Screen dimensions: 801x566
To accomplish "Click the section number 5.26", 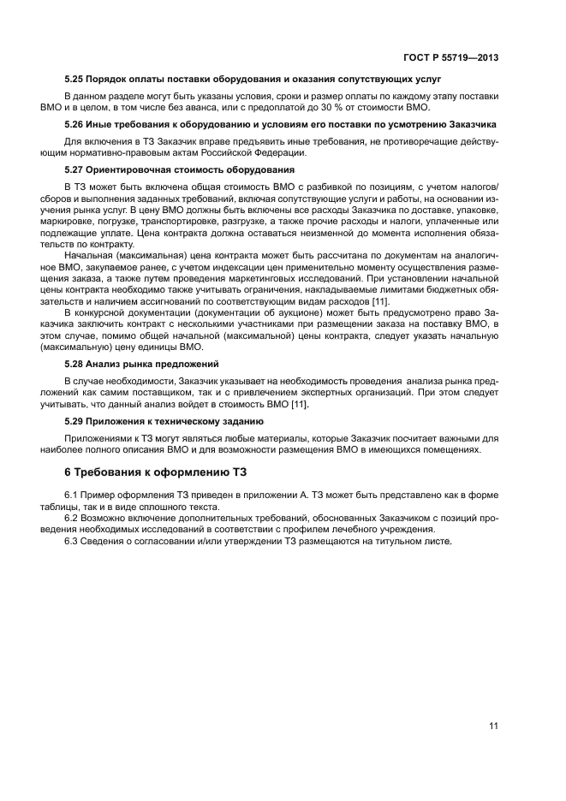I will click(75, 124).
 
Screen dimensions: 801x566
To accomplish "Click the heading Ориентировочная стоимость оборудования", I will click(193, 169).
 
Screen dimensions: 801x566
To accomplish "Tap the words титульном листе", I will click(415, 543).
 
